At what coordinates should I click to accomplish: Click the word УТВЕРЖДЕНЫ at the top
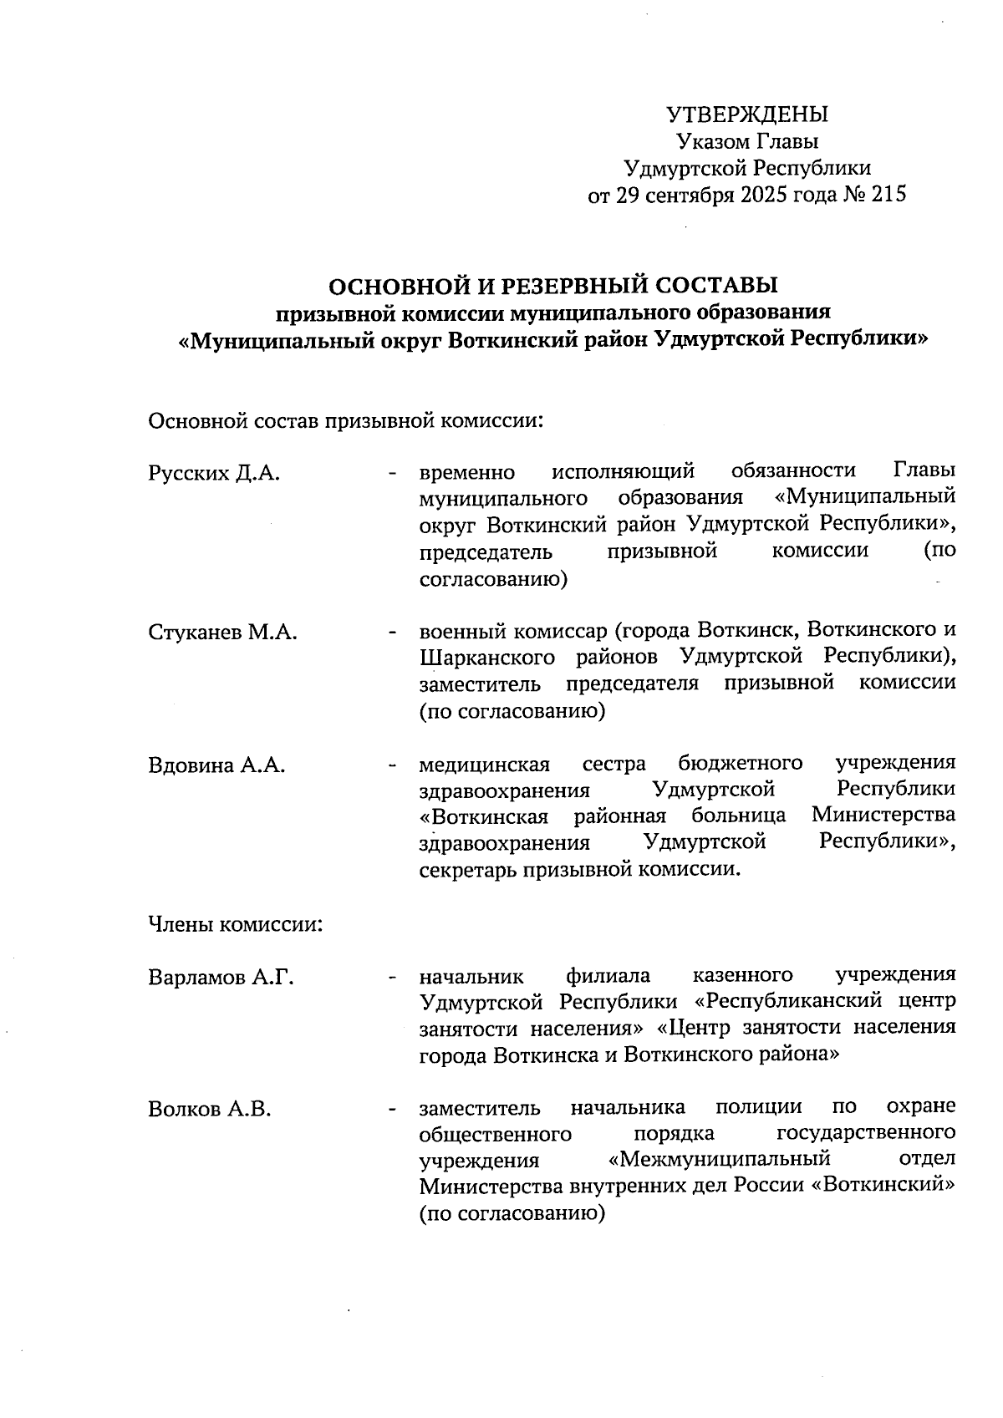(x=747, y=114)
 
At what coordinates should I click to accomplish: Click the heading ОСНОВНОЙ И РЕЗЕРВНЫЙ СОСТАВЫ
(x=553, y=286)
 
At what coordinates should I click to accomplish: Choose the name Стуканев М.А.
(x=222, y=632)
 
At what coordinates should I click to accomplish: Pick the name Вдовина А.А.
(x=216, y=765)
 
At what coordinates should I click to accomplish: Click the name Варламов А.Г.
(x=221, y=977)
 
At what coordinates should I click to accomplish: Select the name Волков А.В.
(x=210, y=1110)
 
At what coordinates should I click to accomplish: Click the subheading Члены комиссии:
(x=236, y=925)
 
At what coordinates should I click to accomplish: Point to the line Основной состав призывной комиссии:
(x=346, y=419)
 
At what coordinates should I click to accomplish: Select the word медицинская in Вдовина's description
(x=485, y=765)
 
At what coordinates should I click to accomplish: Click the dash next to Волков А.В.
(x=391, y=1110)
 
